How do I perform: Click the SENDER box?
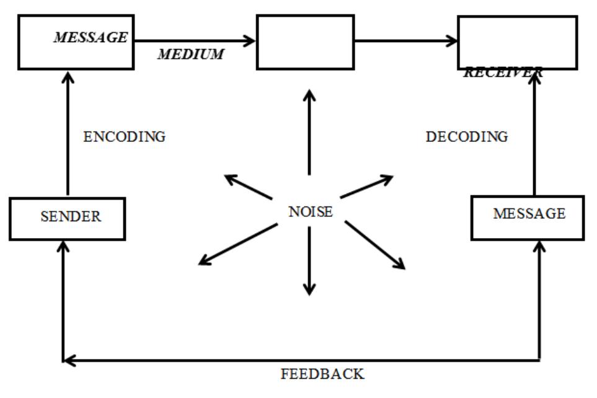[x=67, y=219]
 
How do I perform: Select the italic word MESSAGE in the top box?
[x=91, y=38]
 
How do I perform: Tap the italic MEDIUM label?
[x=190, y=55]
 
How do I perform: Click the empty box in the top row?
[x=306, y=42]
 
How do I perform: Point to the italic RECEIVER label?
[x=503, y=73]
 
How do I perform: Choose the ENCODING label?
[x=125, y=138]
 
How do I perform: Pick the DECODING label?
[x=466, y=137]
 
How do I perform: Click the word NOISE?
[x=310, y=212]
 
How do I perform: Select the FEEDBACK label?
[x=322, y=374]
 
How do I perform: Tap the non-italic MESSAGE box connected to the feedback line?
[x=527, y=218]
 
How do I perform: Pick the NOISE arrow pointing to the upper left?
[x=248, y=187]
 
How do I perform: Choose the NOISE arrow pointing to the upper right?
[x=367, y=187]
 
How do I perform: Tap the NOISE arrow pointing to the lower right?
[x=374, y=245]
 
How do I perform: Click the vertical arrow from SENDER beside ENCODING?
[x=68, y=133]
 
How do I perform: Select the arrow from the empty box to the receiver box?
[x=406, y=42]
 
